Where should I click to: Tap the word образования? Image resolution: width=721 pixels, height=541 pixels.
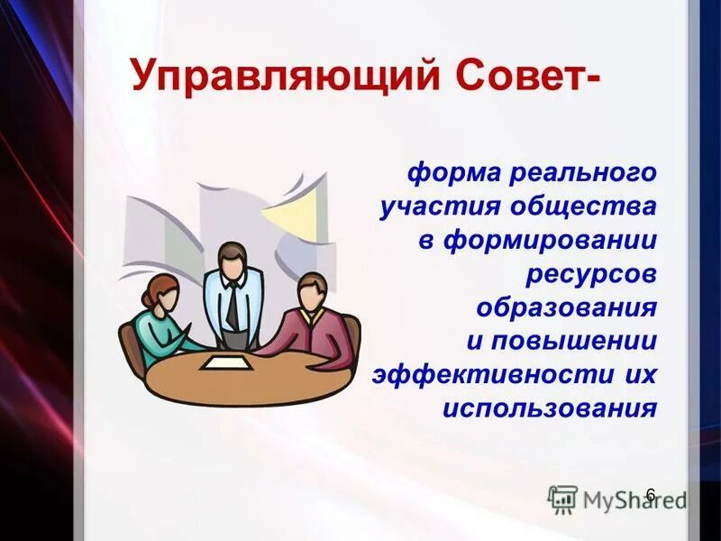[566, 307]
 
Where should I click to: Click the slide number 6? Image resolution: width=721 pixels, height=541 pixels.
[651, 494]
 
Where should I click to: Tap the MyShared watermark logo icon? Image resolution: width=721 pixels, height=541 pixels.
[562, 499]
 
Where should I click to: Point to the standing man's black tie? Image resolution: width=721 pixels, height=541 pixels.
[233, 306]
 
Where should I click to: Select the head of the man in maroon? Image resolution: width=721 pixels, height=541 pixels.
[311, 290]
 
